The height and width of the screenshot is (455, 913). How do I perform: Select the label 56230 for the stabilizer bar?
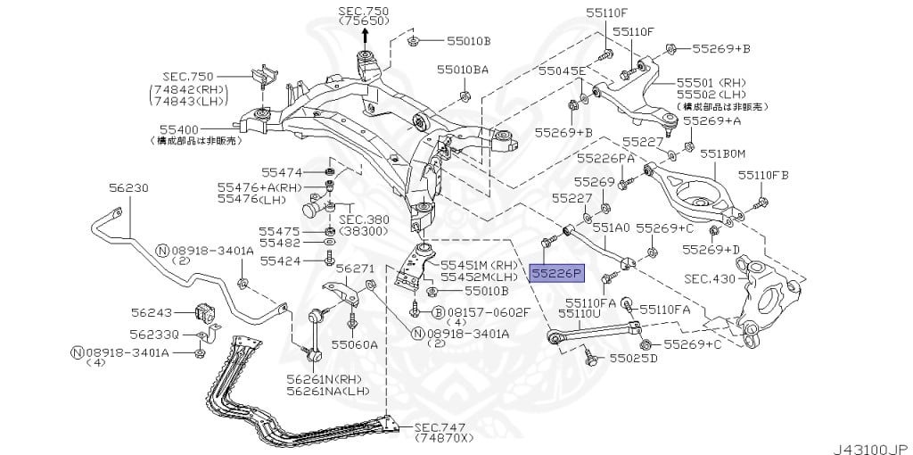point(128,188)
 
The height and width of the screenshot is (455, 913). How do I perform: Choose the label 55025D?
point(634,359)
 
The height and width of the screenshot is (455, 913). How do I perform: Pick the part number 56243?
point(151,312)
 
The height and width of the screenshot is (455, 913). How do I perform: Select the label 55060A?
point(354,343)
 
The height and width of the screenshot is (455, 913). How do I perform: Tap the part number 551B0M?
point(722,154)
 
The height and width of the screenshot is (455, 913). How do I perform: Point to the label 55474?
point(284,172)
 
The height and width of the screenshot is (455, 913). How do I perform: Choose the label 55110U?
point(580,314)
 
